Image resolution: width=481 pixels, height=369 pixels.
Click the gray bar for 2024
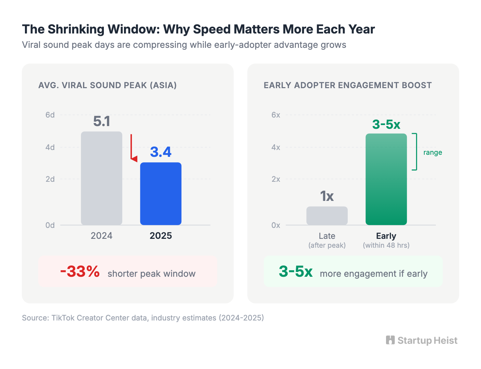[x=101, y=178]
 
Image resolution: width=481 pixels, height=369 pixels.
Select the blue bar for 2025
[x=161, y=193]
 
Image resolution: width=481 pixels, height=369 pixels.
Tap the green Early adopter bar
[x=386, y=179]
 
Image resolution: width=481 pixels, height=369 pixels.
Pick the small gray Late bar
[x=327, y=216]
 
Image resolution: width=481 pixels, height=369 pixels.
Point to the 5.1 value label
[x=101, y=122]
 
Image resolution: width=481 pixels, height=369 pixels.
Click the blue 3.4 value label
[x=161, y=152]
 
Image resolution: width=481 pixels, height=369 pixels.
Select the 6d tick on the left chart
[x=50, y=115]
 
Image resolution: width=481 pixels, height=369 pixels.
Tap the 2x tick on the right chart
[x=276, y=179]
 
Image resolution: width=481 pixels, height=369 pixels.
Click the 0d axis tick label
[x=50, y=225]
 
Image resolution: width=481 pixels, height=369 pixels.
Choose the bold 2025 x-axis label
[x=161, y=236]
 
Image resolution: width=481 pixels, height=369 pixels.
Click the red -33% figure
[x=80, y=272]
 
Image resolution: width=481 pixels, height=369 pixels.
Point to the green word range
[x=432, y=152]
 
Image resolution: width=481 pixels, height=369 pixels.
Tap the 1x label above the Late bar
[x=327, y=196]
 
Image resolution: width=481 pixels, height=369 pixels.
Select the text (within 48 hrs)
[x=386, y=245]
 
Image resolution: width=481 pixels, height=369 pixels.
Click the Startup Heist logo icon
[x=390, y=340]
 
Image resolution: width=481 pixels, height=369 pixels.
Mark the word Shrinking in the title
[x=76, y=29]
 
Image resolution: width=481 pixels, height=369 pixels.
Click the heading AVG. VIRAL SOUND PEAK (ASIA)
[x=108, y=85]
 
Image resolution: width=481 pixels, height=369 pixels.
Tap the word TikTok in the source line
[x=63, y=318]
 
